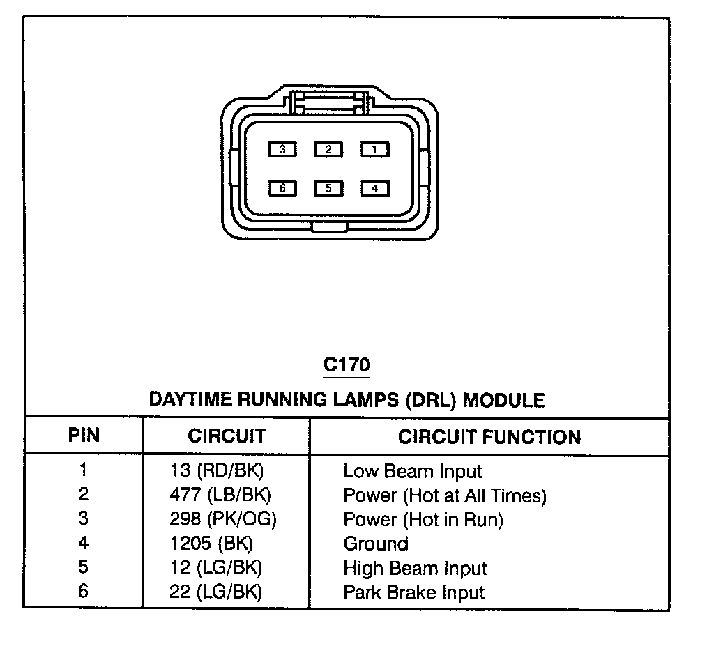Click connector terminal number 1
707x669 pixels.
[x=374, y=149]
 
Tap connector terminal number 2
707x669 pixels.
[x=328, y=149]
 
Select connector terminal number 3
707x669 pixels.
[x=282, y=149]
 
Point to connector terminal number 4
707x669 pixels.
[x=374, y=188]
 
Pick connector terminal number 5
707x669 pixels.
[x=328, y=188]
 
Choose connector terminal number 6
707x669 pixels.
[x=282, y=188]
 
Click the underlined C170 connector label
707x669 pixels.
[x=347, y=364]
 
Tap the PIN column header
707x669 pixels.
[x=84, y=436]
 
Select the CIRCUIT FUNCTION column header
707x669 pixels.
[x=489, y=437]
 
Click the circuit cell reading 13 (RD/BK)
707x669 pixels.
[x=217, y=471]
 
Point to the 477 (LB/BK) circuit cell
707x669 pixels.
[x=220, y=495]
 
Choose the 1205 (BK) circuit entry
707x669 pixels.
[x=211, y=544]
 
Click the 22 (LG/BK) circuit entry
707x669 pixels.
[x=216, y=592]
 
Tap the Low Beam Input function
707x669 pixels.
[x=413, y=472]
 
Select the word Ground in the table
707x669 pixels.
[x=376, y=544]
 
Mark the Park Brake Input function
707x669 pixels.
[x=413, y=593]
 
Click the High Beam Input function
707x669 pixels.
[x=415, y=569]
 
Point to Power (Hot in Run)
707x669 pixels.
[x=423, y=520]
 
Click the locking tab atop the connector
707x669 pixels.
[x=328, y=102]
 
